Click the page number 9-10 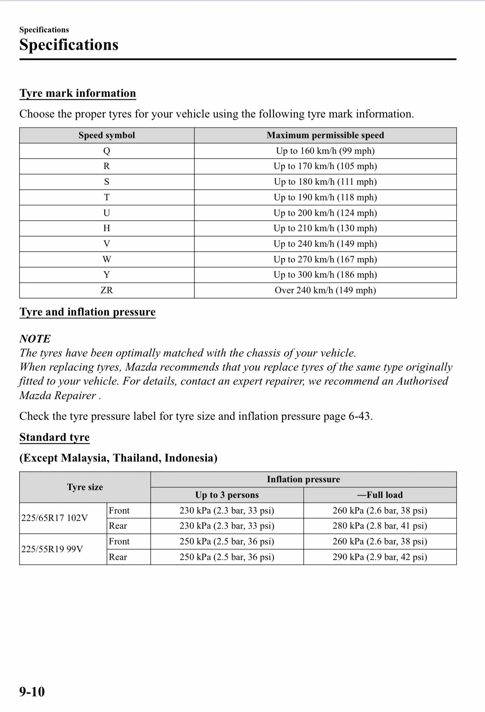click(32, 692)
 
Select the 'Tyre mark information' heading click(78, 93)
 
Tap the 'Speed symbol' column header click(107, 135)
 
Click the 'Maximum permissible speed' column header click(325, 135)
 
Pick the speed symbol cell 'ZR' click(107, 290)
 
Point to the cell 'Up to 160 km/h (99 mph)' click(325, 151)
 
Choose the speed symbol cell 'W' click(107, 259)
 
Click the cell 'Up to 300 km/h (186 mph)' click(325, 275)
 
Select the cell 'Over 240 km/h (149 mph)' click(325, 290)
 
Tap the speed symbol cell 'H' click(107, 228)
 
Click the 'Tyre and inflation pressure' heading click(87, 312)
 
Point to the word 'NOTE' click(35, 339)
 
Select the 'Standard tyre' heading click(54, 437)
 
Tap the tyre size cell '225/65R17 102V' click(55, 518)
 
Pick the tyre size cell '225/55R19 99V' click(52, 549)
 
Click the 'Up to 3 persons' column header click(227, 495)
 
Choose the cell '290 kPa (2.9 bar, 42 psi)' click(380, 557)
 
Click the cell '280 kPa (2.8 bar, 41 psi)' click(380, 526)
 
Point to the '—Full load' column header click(380, 495)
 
